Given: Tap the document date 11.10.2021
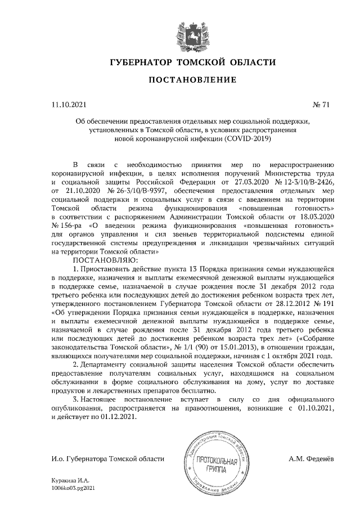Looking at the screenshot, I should pyautogui.click(x=69, y=104).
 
